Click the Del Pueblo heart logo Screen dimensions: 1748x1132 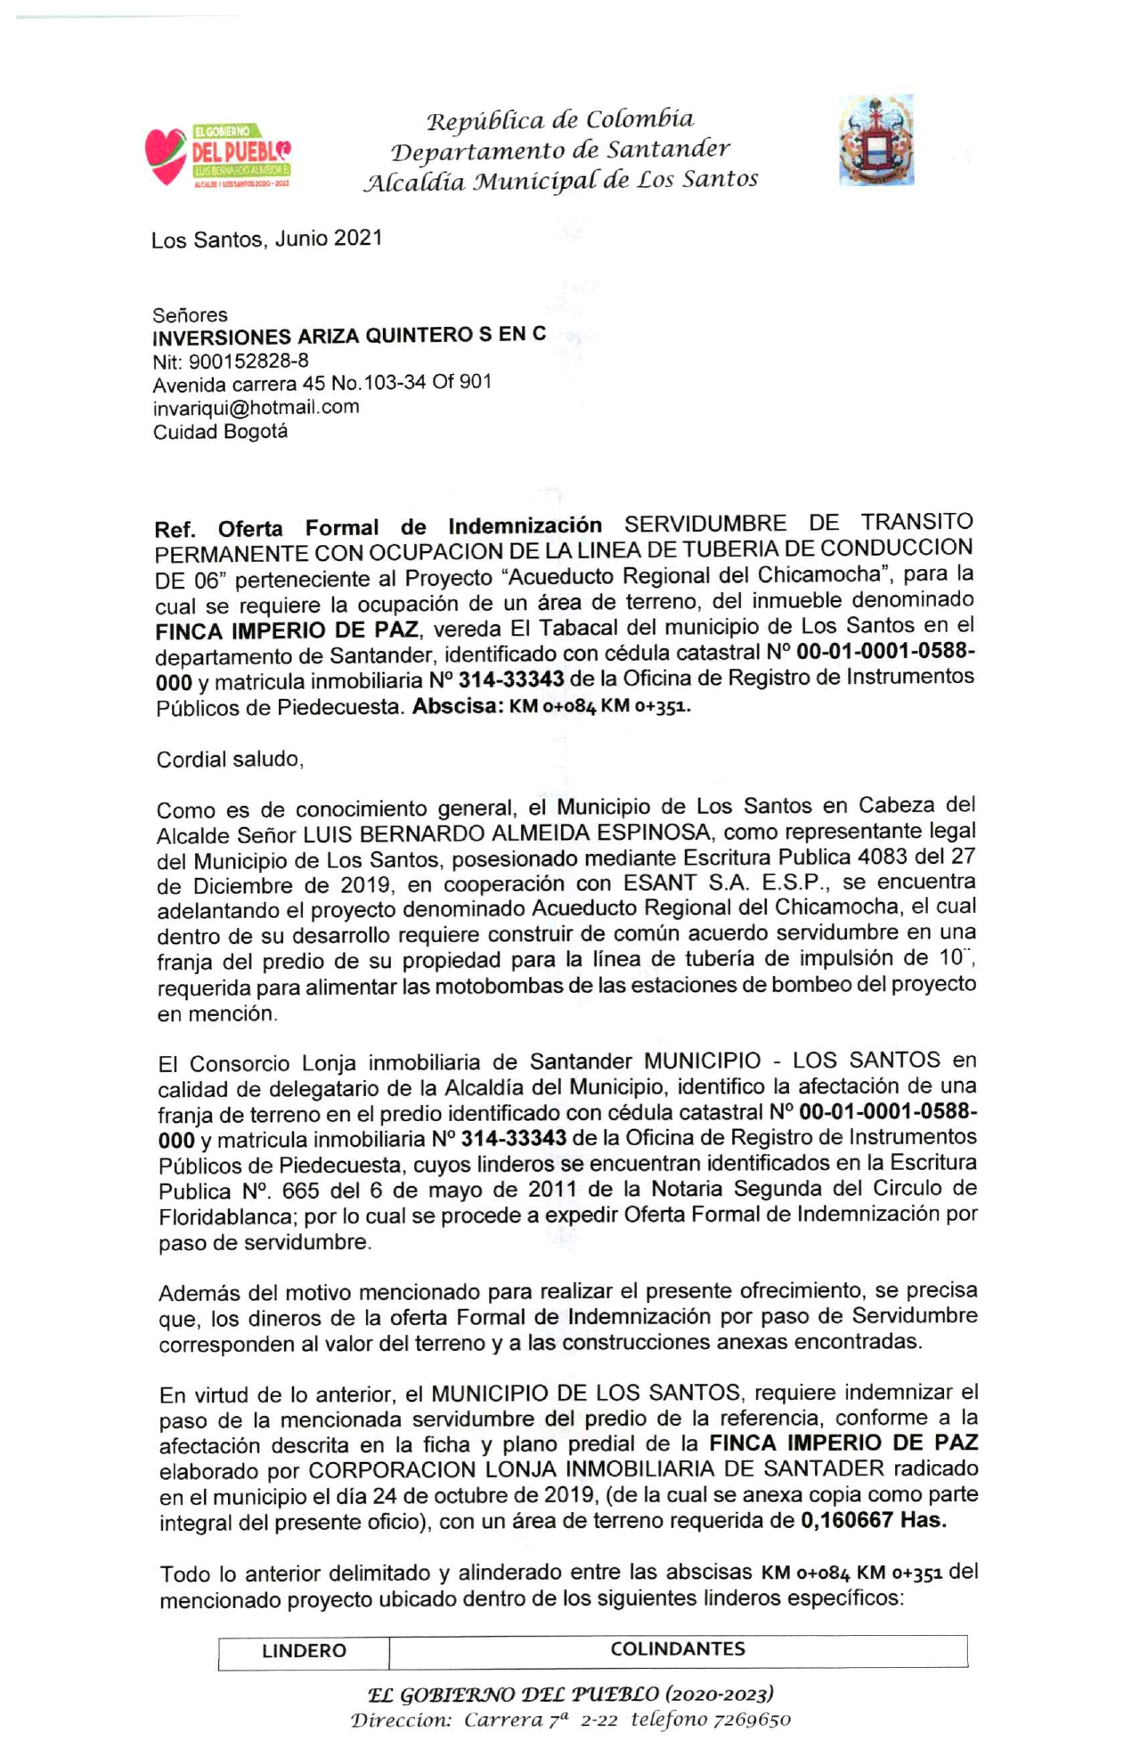click(217, 155)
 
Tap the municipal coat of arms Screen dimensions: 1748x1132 click(875, 140)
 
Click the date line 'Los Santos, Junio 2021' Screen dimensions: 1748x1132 click(266, 239)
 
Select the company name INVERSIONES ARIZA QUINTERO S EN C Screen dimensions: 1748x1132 click(349, 336)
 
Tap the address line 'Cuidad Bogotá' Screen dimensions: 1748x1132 click(220, 432)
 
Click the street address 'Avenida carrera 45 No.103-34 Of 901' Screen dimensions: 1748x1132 click(322, 383)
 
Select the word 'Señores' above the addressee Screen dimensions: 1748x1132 click(190, 314)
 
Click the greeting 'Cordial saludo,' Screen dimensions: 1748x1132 click(230, 759)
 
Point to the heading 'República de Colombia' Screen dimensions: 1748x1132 click(560, 119)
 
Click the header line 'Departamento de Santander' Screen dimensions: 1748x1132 click(560, 150)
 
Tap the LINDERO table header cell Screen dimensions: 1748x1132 click(304, 1650)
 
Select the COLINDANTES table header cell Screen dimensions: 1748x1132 click(678, 1648)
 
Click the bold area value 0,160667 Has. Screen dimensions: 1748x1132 click(874, 1519)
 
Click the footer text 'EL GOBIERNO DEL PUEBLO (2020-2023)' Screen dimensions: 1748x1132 click(570, 1693)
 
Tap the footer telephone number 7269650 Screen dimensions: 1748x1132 click(752, 1719)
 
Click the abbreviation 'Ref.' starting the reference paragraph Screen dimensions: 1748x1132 click(175, 529)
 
